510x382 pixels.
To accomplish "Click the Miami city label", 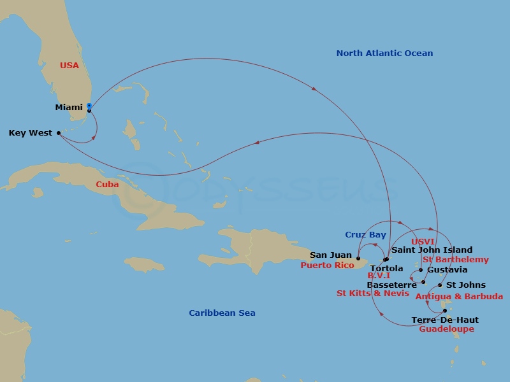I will (x=69, y=108).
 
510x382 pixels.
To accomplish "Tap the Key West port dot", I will (x=59, y=133).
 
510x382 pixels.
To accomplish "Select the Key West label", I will (x=31, y=133).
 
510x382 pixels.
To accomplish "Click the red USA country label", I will (x=69, y=66).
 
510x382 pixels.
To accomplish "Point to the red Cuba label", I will (x=107, y=184).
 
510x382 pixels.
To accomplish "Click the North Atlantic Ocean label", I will (x=384, y=53).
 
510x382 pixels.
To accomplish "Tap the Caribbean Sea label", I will (x=222, y=313).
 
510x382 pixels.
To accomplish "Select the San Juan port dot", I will (x=358, y=258).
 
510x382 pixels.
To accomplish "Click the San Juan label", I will (x=330, y=255).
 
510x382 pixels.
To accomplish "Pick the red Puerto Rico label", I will (x=327, y=265).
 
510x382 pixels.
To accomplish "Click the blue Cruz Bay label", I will (x=366, y=235).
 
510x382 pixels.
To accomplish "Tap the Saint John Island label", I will (x=432, y=250).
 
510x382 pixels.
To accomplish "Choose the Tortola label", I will (x=386, y=269).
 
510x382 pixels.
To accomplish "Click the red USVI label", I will (x=423, y=242).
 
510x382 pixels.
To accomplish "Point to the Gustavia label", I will (x=448, y=270).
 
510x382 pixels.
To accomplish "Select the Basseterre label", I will (x=392, y=285).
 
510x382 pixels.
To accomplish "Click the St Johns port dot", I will (x=440, y=285).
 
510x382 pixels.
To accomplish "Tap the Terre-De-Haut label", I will (x=445, y=320).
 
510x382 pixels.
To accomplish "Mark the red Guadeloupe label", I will (x=446, y=329).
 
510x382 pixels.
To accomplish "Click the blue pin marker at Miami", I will (x=89, y=106).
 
